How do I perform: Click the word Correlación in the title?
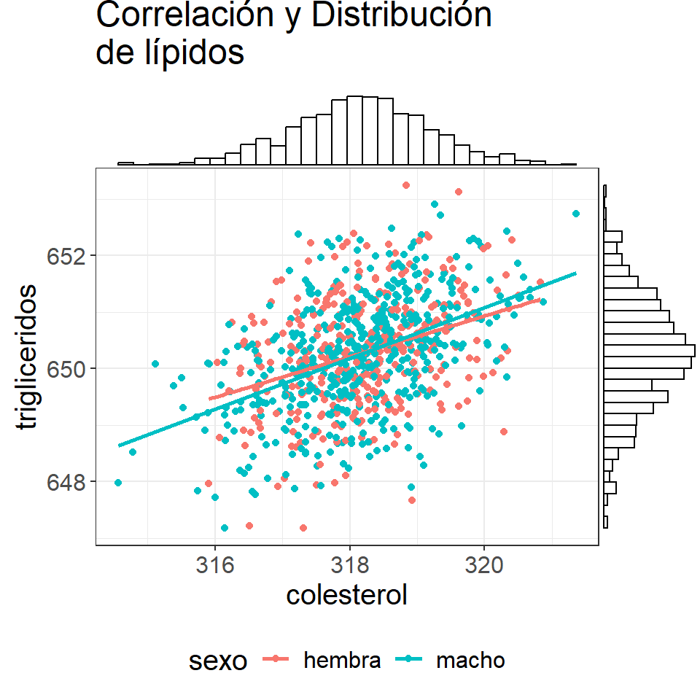click(184, 15)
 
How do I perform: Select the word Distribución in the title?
click(401, 15)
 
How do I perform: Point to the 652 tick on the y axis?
click(66, 256)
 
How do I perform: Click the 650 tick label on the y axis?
click(66, 369)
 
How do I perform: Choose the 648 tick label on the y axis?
click(66, 482)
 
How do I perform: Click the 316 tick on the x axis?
click(215, 564)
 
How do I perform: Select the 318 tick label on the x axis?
click(350, 564)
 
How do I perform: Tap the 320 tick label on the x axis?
click(484, 564)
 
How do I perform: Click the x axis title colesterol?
click(347, 595)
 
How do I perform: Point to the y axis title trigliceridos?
click(26, 357)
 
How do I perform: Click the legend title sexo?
click(218, 661)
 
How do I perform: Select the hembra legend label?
click(342, 661)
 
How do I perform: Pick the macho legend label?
click(470, 661)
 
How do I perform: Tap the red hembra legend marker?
click(276, 658)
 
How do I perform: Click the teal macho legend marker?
click(409, 658)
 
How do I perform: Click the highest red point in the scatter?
click(406, 185)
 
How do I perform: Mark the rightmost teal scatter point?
click(576, 214)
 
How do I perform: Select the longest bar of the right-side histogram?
click(650, 351)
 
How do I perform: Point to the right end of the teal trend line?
click(576, 273)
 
